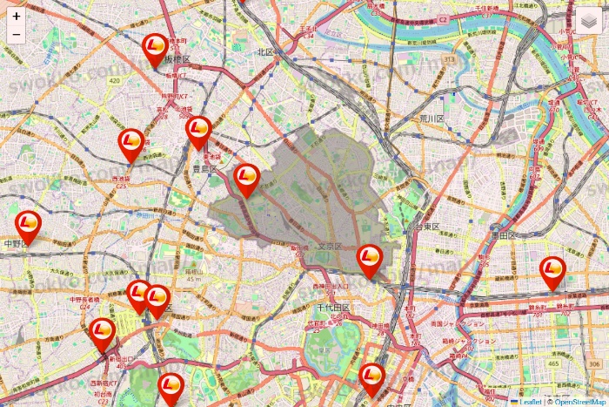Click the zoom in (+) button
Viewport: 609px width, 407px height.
pyautogui.click(x=17, y=16)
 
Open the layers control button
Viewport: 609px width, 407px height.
pyautogui.click(x=590, y=21)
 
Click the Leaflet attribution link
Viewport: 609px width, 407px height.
pyautogui.click(x=530, y=402)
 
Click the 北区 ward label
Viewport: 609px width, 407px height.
pyautogui.click(x=265, y=51)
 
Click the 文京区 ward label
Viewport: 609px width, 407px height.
pyautogui.click(x=329, y=248)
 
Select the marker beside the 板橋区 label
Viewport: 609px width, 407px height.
pyautogui.click(x=156, y=49)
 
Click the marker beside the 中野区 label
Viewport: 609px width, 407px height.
pyautogui.click(x=29, y=225)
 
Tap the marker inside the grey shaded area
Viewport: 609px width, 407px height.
pyautogui.click(x=247, y=179)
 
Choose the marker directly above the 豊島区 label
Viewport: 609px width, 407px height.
pyautogui.click(x=198, y=132)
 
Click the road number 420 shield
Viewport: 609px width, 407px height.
pyautogui.click(x=114, y=79)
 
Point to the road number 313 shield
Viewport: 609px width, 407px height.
pyautogui.click(x=449, y=59)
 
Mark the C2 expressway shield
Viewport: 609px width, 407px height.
pyautogui.click(x=442, y=18)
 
